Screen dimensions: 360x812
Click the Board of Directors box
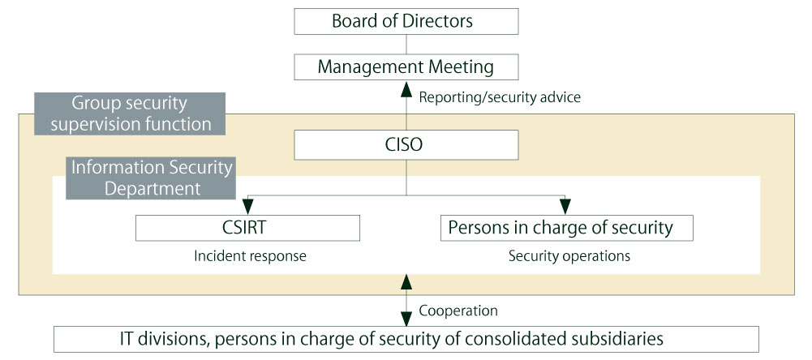coord(406,20)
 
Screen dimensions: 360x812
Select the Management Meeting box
coord(406,66)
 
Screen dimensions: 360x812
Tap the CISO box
coord(406,146)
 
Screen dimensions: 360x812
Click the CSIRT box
coord(247,228)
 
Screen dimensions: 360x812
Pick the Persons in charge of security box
coord(566,228)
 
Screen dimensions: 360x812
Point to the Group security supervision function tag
coord(130,114)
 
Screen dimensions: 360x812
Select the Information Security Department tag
coord(153,178)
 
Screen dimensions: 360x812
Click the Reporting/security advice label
coord(500,97)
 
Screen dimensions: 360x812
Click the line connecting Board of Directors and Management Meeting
coord(406,44)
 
